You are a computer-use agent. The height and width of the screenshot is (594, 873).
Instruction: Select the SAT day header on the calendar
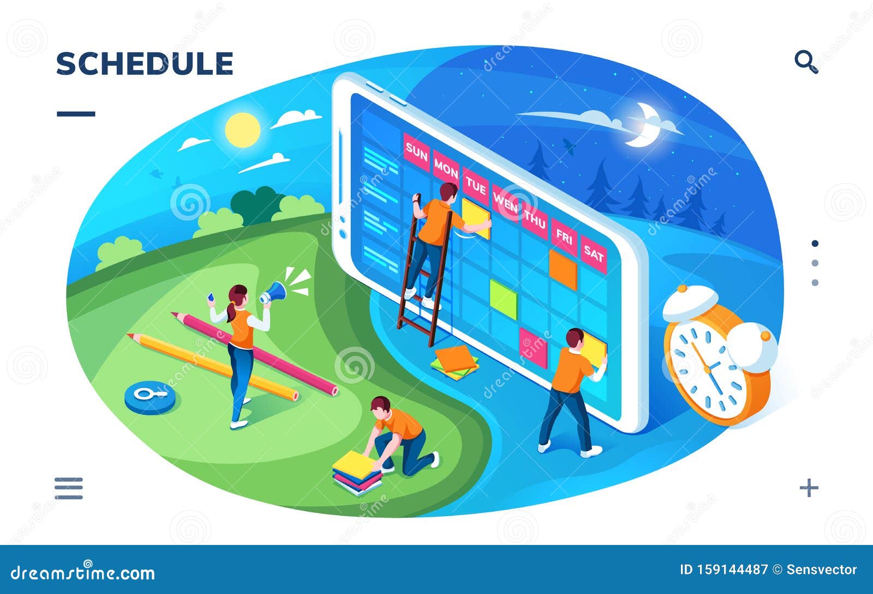click(594, 254)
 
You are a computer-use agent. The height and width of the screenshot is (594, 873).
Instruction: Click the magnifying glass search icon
click(805, 62)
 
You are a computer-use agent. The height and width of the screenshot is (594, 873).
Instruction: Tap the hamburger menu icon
click(69, 488)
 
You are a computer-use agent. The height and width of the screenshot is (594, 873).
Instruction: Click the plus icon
click(809, 487)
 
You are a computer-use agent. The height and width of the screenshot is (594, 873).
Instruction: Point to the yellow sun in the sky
click(242, 129)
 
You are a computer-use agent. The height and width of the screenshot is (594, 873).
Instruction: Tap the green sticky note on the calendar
click(503, 299)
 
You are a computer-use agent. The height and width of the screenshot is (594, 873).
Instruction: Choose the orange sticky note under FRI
click(563, 269)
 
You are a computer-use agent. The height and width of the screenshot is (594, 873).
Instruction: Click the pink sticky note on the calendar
click(533, 348)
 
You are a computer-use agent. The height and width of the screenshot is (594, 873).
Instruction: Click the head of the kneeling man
click(380, 405)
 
